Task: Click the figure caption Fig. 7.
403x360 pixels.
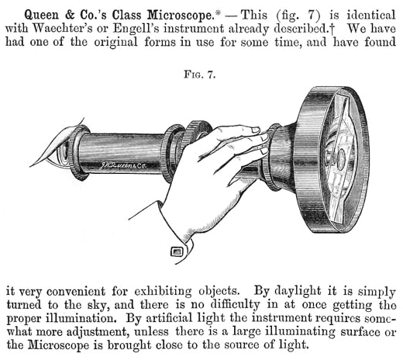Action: click(200, 75)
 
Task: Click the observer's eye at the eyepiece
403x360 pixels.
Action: click(64, 153)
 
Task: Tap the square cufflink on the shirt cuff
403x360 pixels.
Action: click(177, 251)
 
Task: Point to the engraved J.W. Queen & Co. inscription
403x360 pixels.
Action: click(123, 165)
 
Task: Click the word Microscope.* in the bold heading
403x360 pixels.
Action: click(184, 15)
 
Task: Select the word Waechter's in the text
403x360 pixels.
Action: click(63, 29)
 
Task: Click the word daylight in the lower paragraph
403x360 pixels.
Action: click(298, 292)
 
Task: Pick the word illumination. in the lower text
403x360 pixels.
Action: click(81, 318)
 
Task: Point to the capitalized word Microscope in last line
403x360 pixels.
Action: click(58, 345)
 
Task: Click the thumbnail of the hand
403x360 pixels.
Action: click(256, 130)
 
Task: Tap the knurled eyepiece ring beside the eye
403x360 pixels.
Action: click(78, 153)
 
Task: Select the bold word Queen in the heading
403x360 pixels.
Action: click(41, 16)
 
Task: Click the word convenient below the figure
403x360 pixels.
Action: click(76, 292)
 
